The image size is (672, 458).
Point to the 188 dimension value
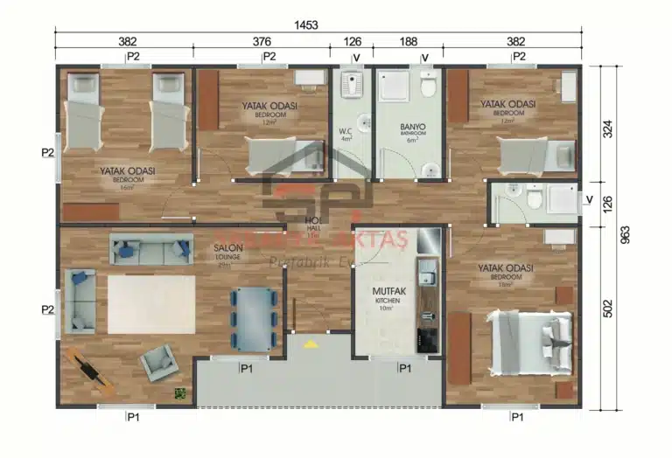pos(408,41)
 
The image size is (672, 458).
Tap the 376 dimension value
pos(262,41)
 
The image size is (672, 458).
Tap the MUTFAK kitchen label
pos(388,291)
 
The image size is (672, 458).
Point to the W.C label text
pos(346,132)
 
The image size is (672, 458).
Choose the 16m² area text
pos(127,187)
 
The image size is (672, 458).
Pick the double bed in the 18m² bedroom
pos(524,346)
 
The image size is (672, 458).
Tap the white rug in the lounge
pos(150,302)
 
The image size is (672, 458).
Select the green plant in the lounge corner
pos(181,393)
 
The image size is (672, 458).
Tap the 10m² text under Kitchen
pos(388,309)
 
